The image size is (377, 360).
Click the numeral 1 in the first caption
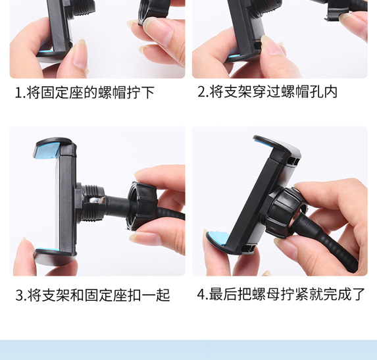pyautogui.click(x=18, y=93)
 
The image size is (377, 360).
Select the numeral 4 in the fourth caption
pyautogui.click(x=201, y=294)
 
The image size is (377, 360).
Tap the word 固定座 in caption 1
pyautogui.click(x=64, y=93)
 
